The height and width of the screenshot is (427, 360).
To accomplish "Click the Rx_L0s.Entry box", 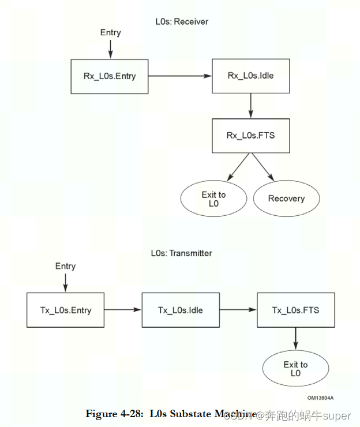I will point(110,76).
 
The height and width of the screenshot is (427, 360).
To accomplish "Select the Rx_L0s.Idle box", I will point(251,76).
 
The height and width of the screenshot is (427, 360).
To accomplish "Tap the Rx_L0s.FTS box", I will point(251,136).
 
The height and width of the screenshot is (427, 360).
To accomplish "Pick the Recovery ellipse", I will point(286,198).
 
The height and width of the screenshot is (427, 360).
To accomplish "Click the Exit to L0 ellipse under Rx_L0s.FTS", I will point(213,199).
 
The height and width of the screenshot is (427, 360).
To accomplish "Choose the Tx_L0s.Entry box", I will point(66,310).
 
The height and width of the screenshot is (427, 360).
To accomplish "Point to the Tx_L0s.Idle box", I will point(180,310).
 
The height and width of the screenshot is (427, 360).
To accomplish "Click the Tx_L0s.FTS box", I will point(295,310).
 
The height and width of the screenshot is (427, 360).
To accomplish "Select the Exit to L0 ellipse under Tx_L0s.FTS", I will point(295,369).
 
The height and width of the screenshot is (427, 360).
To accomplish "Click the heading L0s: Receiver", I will point(182,22).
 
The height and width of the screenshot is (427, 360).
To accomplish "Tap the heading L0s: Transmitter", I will point(181,253).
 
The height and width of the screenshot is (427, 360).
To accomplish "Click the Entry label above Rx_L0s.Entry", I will point(110,33).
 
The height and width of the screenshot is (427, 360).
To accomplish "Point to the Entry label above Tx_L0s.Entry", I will point(65,266).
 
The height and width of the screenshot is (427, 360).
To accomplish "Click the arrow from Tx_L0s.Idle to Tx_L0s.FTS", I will point(238,310).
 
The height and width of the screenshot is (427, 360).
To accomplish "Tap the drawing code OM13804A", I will point(320,398).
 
